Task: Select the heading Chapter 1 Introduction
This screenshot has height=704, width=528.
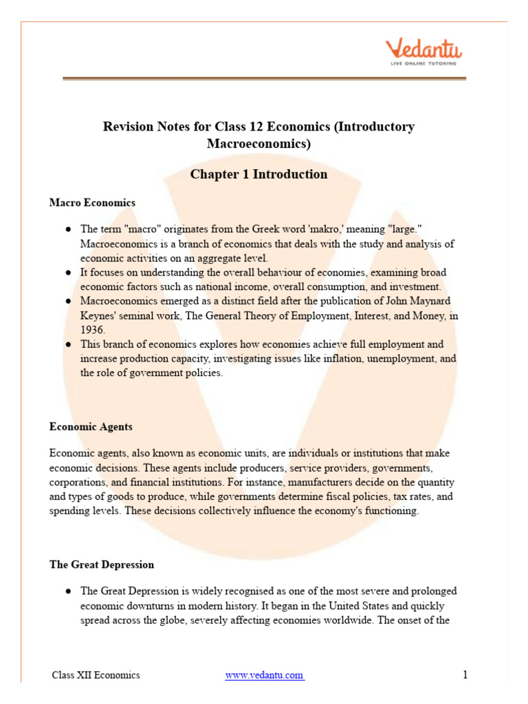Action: click(258, 174)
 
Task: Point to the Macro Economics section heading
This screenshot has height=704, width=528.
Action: click(92, 203)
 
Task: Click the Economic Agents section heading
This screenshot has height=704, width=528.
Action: click(91, 426)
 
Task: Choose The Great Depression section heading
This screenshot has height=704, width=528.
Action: click(102, 564)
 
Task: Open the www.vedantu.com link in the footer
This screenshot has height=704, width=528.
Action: click(264, 675)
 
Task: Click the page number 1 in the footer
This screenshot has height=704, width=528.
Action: click(465, 675)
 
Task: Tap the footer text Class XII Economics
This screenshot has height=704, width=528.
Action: click(96, 675)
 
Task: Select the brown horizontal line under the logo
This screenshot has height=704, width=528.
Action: click(264, 79)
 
